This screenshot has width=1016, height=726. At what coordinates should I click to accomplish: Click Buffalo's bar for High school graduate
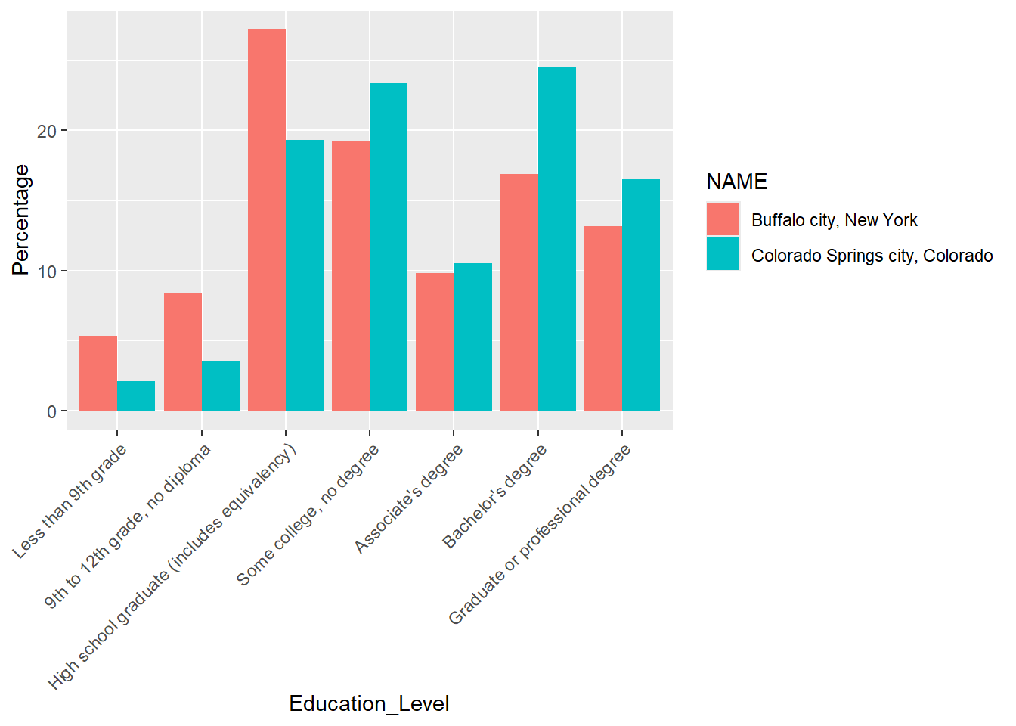pyautogui.click(x=267, y=220)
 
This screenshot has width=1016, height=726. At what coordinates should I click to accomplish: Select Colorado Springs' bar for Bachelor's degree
pyautogui.click(x=557, y=239)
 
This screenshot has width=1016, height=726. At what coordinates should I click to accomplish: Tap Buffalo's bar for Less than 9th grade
pyautogui.click(x=98, y=374)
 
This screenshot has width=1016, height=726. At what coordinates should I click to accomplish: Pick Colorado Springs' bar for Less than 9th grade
pyautogui.click(x=136, y=396)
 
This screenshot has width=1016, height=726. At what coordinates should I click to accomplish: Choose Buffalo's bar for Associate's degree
pyautogui.click(x=435, y=342)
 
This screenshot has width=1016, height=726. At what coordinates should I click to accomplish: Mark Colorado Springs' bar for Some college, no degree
pyautogui.click(x=389, y=247)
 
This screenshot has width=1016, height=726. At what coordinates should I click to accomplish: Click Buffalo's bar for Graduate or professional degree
pyautogui.click(x=603, y=318)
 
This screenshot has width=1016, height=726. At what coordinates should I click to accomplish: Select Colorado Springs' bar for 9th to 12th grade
pyautogui.click(x=221, y=386)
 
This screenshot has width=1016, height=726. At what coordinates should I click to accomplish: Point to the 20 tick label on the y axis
pyautogui.click(x=47, y=131)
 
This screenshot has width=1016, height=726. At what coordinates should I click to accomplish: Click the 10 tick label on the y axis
pyautogui.click(x=47, y=271)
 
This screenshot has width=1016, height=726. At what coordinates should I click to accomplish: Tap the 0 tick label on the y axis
pyautogui.click(x=52, y=411)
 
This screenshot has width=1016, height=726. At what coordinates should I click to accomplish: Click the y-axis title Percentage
pyautogui.click(x=21, y=220)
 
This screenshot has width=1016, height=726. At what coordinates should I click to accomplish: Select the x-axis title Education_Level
pyautogui.click(x=369, y=704)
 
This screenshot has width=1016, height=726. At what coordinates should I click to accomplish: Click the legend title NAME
pyautogui.click(x=736, y=181)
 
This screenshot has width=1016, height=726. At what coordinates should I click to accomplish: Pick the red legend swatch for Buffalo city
pyautogui.click(x=723, y=219)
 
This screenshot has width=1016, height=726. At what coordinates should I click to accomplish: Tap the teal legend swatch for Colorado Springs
pyautogui.click(x=723, y=254)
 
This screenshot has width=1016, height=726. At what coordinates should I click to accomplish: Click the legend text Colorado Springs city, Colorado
pyautogui.click(x=872, y=256)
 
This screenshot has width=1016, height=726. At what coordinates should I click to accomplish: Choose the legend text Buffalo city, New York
pyautogui.click(x=834, y=220)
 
